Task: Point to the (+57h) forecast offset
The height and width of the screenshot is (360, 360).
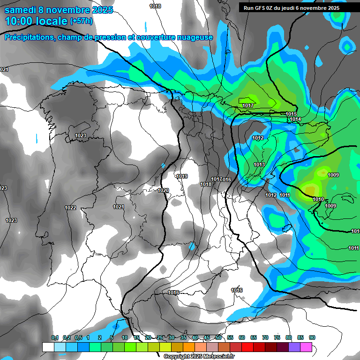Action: (81, 21)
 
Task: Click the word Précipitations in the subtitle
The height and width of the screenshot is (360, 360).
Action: (29, 37)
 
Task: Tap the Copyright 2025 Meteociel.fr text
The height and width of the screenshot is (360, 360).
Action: (199, 357)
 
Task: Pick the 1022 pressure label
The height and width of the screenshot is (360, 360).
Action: (70, 208)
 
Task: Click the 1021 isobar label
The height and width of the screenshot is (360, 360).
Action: (119, 207)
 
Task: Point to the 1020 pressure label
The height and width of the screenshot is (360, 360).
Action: (163, 190)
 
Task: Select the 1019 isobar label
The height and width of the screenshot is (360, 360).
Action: (182, 176)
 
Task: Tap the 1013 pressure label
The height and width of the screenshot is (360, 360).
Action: (259, 165)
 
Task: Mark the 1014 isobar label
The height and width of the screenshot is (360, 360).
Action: (295, 120)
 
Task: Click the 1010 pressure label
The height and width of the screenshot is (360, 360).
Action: (318, 199)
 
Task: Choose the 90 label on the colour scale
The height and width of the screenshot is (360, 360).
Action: (312, 337)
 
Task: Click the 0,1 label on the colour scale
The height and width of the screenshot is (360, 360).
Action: (55, 337)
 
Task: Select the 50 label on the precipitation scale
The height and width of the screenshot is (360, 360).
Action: (218, 337)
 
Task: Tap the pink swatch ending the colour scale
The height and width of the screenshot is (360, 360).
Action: (306, 347)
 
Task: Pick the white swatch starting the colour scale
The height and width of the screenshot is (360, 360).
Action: (48, 347)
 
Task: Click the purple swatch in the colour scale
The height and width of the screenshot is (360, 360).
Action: (294, 347)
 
